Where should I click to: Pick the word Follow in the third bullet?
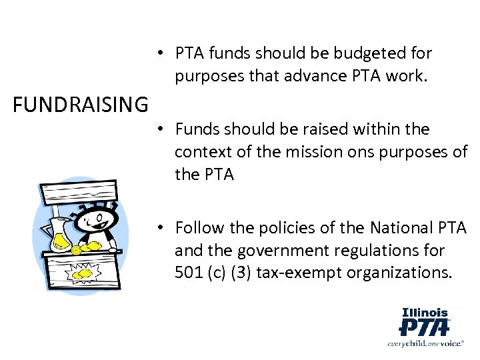pos(199,228)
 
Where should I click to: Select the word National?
pos(393,228)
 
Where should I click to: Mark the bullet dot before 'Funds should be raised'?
pos(161,129)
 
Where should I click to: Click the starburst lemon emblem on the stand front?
pos(82,273)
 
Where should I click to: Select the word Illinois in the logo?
pos(425,312)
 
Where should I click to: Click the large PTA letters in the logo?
pos(423,327)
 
